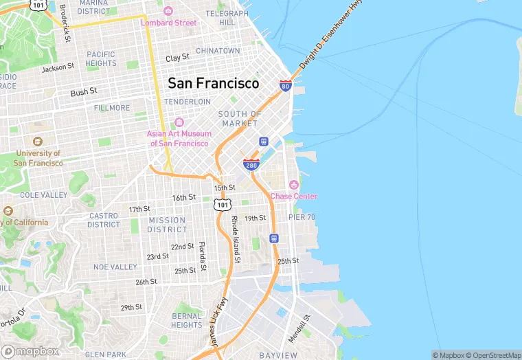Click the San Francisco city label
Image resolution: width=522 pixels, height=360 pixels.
[214, 83]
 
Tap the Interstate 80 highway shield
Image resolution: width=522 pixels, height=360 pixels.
[286, 85]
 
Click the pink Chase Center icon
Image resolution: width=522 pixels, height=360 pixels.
[294, 184]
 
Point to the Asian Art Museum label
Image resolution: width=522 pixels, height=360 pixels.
[179, 139]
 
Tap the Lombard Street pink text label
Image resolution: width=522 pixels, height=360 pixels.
[168, 23]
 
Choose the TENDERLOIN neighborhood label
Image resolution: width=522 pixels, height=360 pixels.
[187, 102]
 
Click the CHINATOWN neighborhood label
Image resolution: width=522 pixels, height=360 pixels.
[218, 51]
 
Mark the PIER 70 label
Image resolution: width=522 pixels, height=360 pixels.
[302, 217]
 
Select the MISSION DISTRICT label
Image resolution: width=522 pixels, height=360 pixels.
[167, 225]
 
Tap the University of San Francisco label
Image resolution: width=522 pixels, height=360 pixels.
[38, 158]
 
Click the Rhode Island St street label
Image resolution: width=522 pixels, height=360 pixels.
[235, 240]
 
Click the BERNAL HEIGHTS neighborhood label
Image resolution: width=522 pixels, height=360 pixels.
[187, 321]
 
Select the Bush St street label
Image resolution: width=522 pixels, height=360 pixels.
[84, 91]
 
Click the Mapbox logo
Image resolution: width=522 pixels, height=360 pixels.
[30, 351]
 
